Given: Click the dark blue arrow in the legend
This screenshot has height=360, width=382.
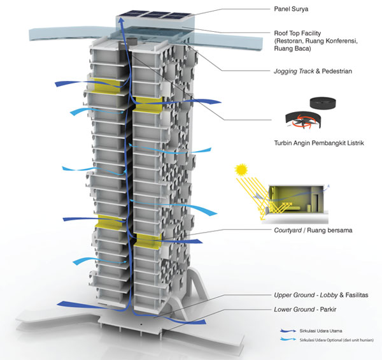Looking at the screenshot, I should click(x=289, y=331).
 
